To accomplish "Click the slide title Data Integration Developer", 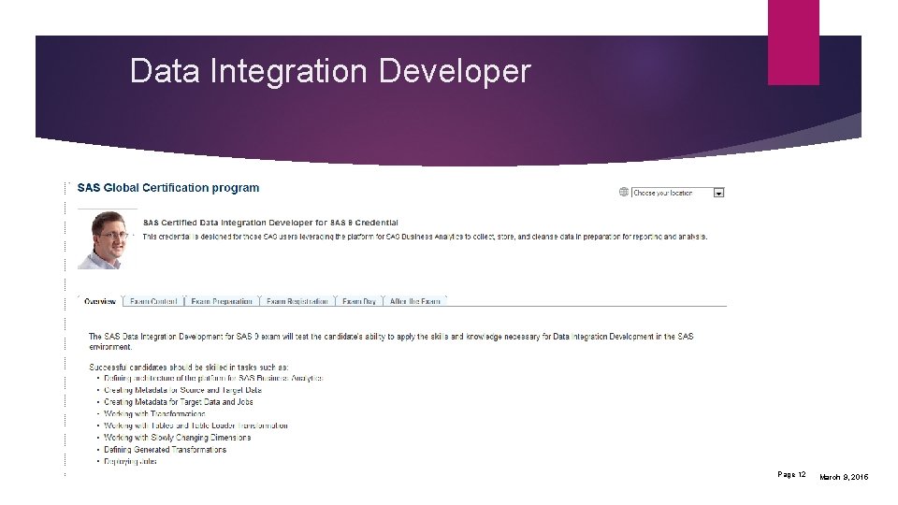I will coord(330,71).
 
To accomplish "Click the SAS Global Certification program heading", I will coord(168,188).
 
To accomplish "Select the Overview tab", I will coord(100,301).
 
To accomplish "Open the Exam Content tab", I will coord(153,301).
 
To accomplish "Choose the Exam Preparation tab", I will coord(222,301).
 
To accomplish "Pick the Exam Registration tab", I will coord(297,301).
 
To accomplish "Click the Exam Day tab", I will coord(359,301).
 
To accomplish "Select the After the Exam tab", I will coord(415,301).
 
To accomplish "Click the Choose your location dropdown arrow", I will coord(718,193).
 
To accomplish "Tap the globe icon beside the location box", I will coord(624,192).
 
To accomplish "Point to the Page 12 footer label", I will coord(791,475).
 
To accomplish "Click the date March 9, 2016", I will coord(844,477).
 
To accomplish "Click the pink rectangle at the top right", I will coord(793,42).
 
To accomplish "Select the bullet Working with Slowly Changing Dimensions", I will coord(177,437).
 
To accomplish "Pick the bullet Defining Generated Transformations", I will coord(165,449).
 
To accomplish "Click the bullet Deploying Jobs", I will coord(130,461).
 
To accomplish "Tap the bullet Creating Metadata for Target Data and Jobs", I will coord(178,401).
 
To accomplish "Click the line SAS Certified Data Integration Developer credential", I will coord(270,223).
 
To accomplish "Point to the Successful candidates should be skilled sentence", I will coord(189,366).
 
